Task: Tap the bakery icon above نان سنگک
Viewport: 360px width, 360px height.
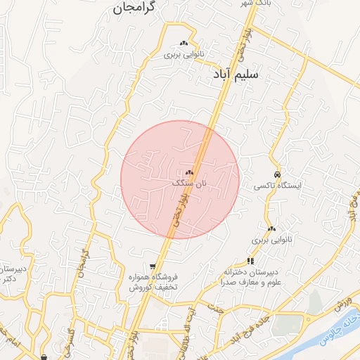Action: click(x=189, y=172)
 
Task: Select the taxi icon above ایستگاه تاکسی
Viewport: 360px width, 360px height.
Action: click(x=278, y=174)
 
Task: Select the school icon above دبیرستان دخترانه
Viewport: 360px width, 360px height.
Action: click(x=250, y=261)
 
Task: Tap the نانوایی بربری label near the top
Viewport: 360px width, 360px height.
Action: click(x=184, y=53)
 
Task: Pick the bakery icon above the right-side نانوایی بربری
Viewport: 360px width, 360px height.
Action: click(x=271, y=228)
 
